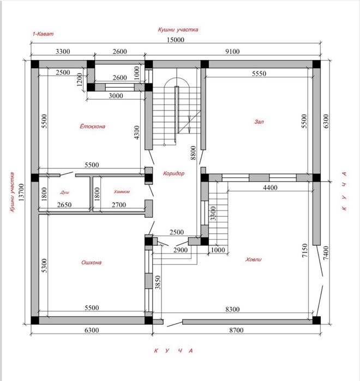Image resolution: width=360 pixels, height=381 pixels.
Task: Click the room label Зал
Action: pyautogui.click(x=259, y=122)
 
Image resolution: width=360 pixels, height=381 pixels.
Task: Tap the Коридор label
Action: pyautogui.click(x=174, y=173)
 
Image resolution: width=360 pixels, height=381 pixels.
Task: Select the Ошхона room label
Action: pyautogui.click(x=92, y=262)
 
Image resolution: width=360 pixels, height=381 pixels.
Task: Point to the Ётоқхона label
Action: pyautogui.click(x=93, y=126)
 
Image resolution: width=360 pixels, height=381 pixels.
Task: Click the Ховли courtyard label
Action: pyautogui.click(x=253, y=259)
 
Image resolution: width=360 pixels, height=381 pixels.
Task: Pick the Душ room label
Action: pyautogui.click(x=65, y=192)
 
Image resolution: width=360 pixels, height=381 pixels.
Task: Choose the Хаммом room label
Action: pyautogui.click(x=122, y=192)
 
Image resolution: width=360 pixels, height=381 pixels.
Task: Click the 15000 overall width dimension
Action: pyautogui.click(x=176, y=40)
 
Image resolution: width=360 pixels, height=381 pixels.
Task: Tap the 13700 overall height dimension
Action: pyautogui.click(x=22, y=192)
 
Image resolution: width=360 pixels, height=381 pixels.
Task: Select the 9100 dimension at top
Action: pyautogui.click(x=232, y=52)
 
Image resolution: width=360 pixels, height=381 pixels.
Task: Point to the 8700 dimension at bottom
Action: pyautogui.click(x=236, y=330)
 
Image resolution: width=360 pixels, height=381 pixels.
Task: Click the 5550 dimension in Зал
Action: pyautogui.click(x=259, y=74)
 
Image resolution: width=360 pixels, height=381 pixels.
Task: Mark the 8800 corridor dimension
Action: pyautogui.click(x=193, y=153)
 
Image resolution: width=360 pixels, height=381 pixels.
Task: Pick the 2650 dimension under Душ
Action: pyautogui.click(x=64, y=205)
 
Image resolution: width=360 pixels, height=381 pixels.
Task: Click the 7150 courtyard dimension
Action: pyautogui.click(x=304, y=251)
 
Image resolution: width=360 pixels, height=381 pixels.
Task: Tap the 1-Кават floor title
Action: pyautogui.click(x=43, y=34)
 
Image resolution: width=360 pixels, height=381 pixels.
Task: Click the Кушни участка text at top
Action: pyautogui.click(x=178, y=29)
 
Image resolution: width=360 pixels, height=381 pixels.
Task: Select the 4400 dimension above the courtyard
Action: pyautogui.click(x=270, y=188)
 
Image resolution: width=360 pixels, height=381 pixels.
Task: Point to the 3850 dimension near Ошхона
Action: pyautogui.click(x=158, y=282)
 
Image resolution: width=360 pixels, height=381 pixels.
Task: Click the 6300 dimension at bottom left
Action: pyautogui.click(x=92, y=330)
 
